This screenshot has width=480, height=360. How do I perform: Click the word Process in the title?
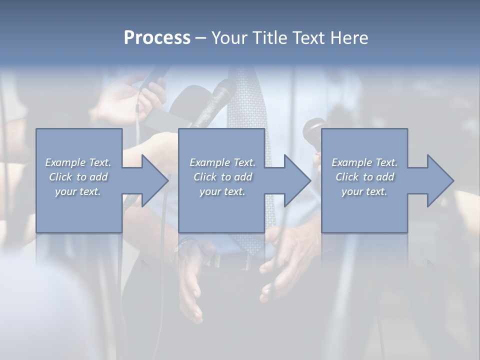coord(157,38)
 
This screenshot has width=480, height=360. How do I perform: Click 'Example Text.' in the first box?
coord(78,162)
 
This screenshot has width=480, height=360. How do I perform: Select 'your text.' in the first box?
coord(78,191)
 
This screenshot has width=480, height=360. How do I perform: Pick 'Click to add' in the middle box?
coord(222,177)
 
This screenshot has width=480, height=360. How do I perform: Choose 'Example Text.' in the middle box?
coord(222,162)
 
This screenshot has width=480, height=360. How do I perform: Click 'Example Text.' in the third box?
coord(364,162)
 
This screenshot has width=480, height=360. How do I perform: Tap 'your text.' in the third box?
coord(364,191)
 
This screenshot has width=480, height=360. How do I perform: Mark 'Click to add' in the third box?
coord(364,177)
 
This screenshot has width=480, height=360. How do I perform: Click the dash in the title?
coord(201,38)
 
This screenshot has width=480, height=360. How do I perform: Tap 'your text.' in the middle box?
coord(222,191)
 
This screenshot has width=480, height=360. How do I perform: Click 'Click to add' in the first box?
coord(78,177)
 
